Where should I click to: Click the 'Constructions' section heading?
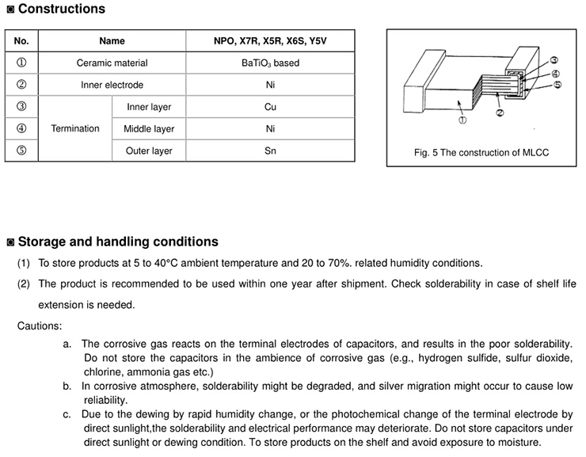coord(61,10)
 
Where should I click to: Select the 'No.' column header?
coord(21,41)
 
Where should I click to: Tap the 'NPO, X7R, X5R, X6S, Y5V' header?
coord(270,41)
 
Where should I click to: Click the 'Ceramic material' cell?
coord(112,63)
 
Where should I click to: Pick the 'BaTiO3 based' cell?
coord(270,63)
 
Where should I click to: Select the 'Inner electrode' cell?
coord(112,85)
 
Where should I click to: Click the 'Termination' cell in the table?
coord(75,128)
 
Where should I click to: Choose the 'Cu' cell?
coord(270,107)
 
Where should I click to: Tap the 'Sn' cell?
coord(270,150)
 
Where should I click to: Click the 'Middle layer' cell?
coord(149,128)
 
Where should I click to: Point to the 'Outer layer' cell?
coord(149,150)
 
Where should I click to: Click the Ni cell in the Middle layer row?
coord(270,128)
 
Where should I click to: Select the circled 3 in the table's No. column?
coord(21,107)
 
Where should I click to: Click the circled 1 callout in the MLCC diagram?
coord(462,120)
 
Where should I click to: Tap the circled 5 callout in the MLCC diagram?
coord(557,85)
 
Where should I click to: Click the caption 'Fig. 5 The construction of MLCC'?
coord(481,153)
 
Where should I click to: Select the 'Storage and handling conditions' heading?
coord(117,242)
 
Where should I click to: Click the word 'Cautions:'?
coord(39,326)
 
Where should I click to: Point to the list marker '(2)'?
coord(24,284)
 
